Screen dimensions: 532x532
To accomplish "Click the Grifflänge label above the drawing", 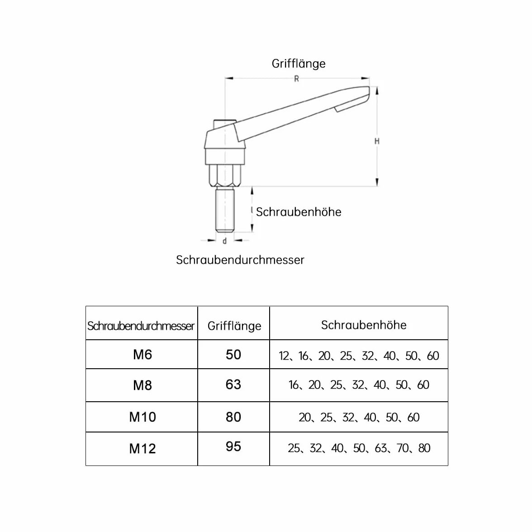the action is pyautogui.click(x=299, y=64).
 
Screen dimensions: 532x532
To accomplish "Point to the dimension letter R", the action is pyautogui.click(x=297, y=79).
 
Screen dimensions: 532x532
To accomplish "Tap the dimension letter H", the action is pyautogui.click(x=377, y=141).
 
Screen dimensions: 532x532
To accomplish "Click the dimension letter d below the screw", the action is pyautogui.click(x=224, y=241).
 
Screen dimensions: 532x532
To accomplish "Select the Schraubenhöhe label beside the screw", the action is pyautogui.click(x=299, y=212).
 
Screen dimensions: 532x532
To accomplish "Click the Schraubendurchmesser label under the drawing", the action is pyautogui.click(x=240, y=260).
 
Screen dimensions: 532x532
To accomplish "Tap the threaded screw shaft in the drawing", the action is pyautogui.click(x=225, y=210).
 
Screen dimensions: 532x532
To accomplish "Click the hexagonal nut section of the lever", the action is pyautogui.click(x=225, y=176).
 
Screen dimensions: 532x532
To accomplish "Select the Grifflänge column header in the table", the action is pyautogui.click(x=234, y=326).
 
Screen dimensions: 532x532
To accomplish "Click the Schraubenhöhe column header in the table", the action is pyautogui.click(x=364, y=325).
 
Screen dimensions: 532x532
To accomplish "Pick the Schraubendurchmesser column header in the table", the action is pyautogui.click(x=141, y=326).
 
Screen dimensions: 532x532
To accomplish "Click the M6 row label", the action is pyautogui.click(x=142, y=355).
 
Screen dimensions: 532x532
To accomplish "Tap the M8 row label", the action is pyautogui.click(x=142, y=385).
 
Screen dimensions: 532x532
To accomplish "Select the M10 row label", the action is pyautogui.click(x=142, y=417).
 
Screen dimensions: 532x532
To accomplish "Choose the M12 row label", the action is pyautogui.click(x=142, y=449).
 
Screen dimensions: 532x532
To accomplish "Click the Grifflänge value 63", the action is pyautogui.click(x=233, y=385).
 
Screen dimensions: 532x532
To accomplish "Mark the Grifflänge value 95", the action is pyautogui.click(x=233, y=446).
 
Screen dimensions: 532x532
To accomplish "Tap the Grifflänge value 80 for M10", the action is pyautogui.click(x=233, y=417).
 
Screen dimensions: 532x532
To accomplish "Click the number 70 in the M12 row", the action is pyautogui.click(x=403, y=448).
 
